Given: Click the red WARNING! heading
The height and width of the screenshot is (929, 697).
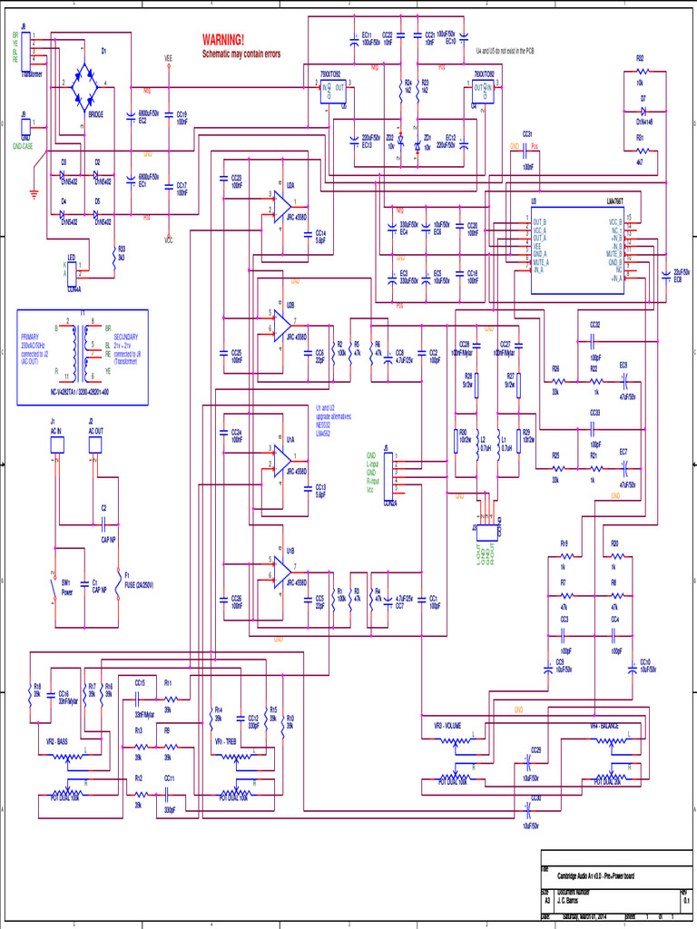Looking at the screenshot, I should tap(222, 41).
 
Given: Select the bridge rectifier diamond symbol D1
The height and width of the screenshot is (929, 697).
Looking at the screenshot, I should tap(88, 83).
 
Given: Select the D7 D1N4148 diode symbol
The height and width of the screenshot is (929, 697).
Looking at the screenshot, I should tap(643, 111).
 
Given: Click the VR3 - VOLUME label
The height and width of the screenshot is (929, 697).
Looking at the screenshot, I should tap(447, 725).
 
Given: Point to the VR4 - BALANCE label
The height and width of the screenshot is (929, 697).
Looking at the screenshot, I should tap(605, 725).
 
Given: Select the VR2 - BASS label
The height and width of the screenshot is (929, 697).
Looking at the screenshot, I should tap(57, 741).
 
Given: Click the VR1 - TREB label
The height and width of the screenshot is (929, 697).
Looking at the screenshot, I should tap(226, 741).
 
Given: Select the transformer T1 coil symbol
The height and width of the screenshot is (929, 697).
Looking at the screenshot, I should tap(83, 349).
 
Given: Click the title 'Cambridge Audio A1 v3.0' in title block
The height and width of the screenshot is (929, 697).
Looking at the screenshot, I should tap(594, 875).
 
